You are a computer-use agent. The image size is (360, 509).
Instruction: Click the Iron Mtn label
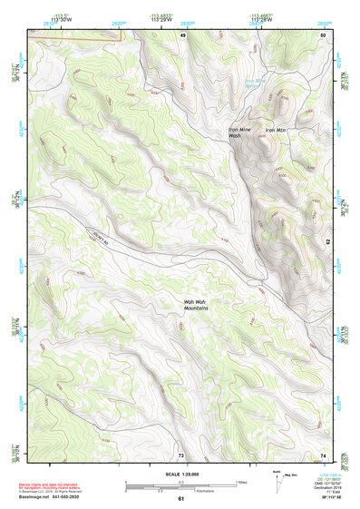[x=274, y=131]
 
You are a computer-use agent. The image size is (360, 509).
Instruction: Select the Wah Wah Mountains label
[x=196, y=305]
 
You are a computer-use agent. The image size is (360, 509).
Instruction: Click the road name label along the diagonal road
[x=105, y=239]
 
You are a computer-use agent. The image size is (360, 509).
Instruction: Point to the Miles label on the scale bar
[x=240, y=482]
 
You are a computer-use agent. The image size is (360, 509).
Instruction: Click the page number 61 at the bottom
[x=180, y=499]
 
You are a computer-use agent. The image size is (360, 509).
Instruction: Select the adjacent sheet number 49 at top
[x=181, y=34]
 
